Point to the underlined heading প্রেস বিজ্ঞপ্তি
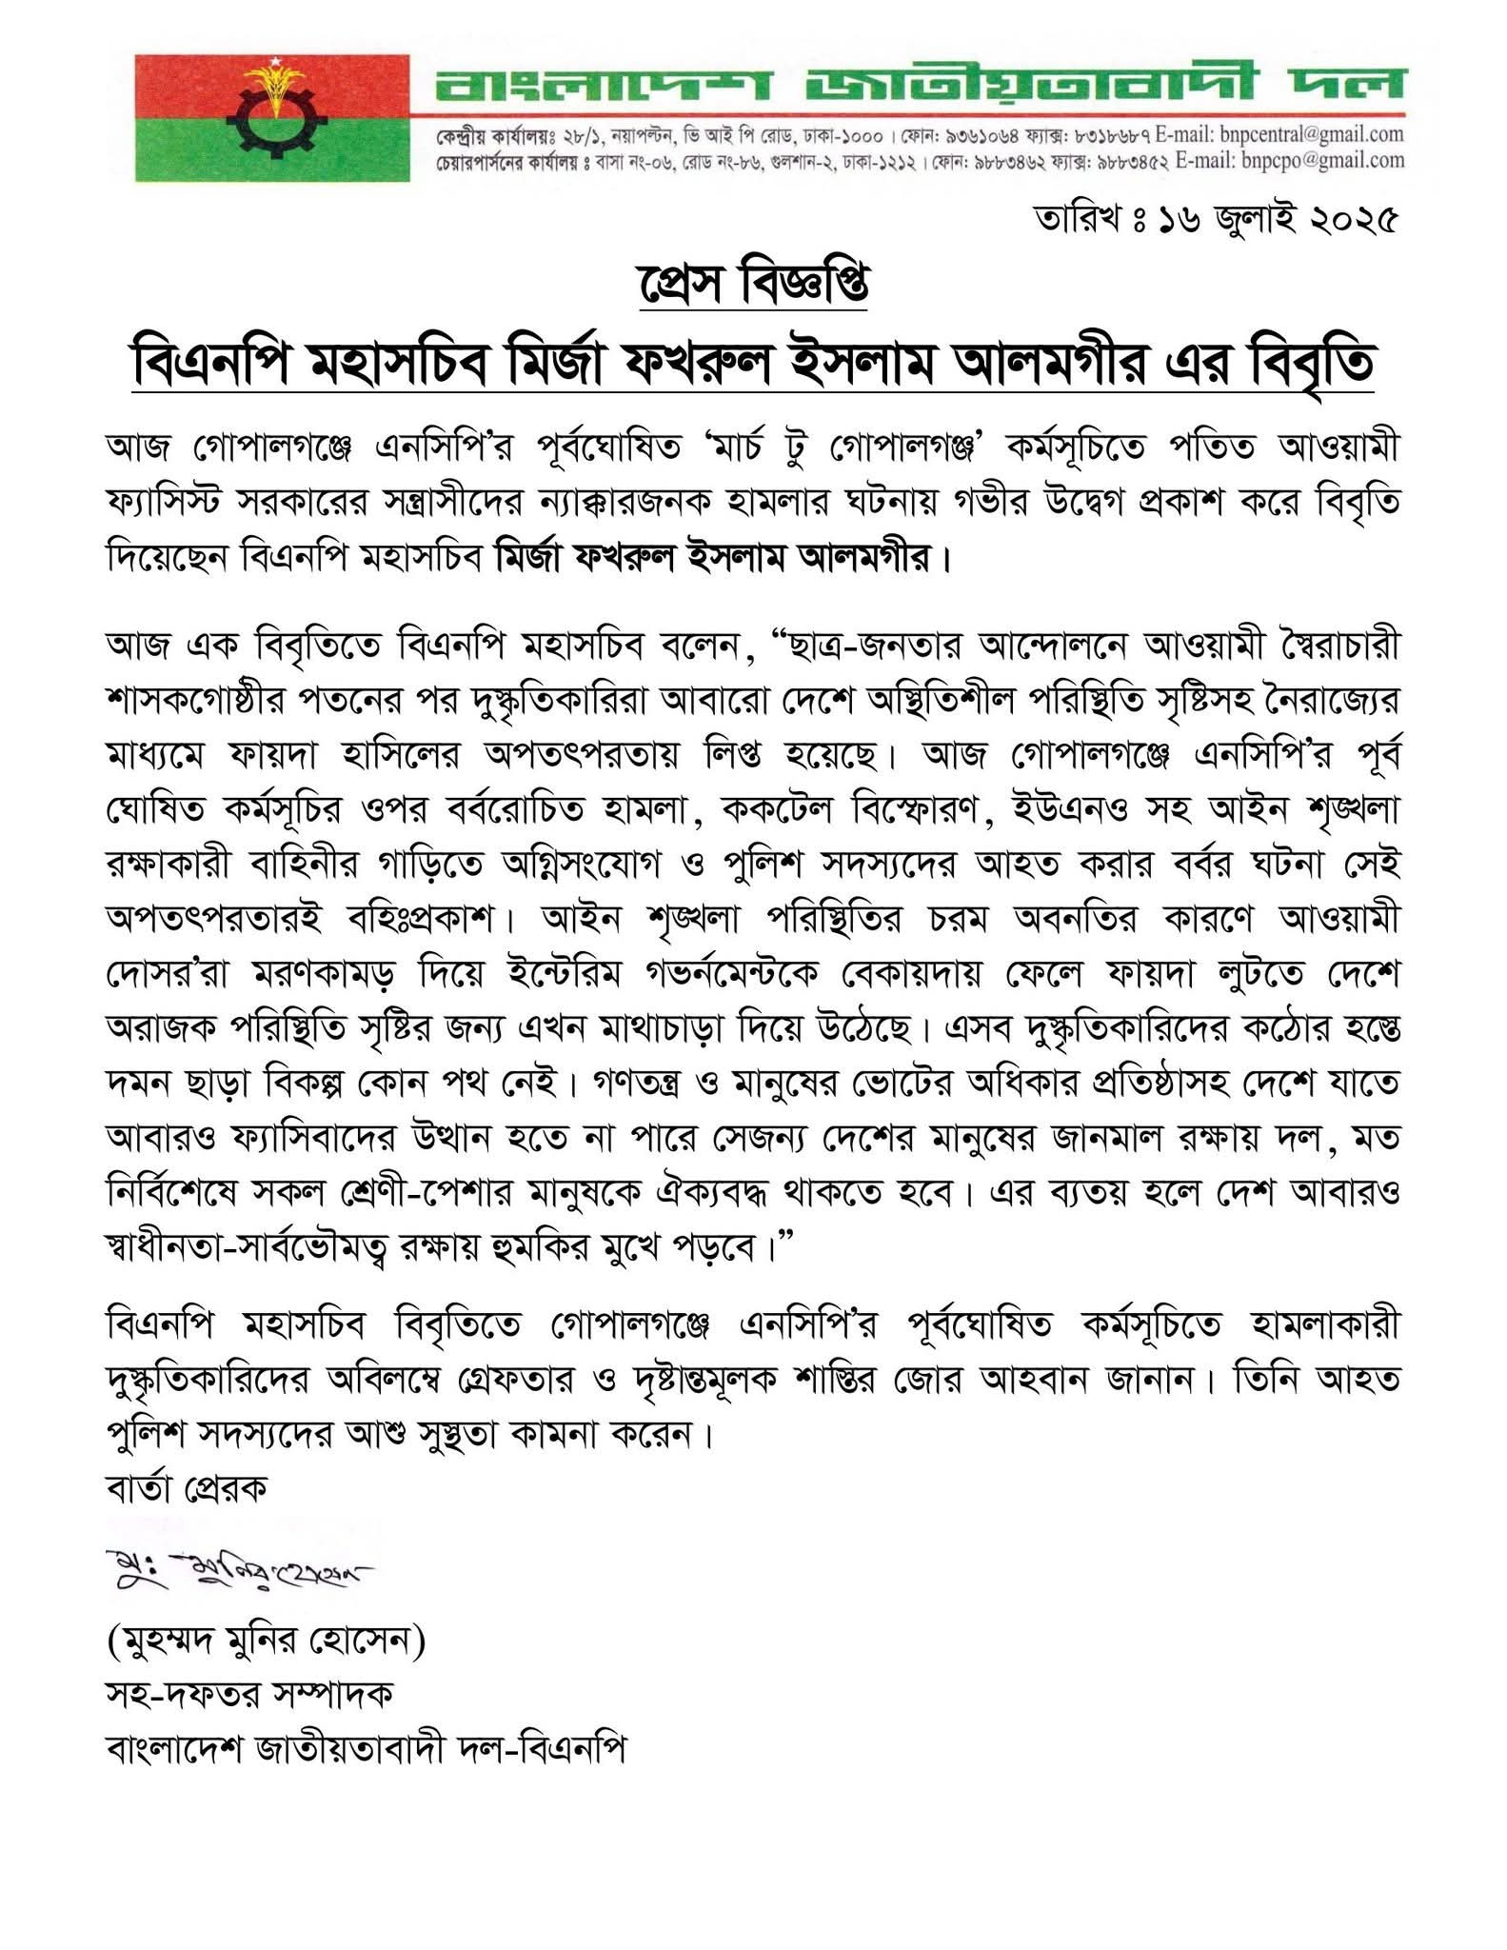(x=752, y=287)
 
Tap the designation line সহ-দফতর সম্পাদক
(x=249, y=1695)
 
